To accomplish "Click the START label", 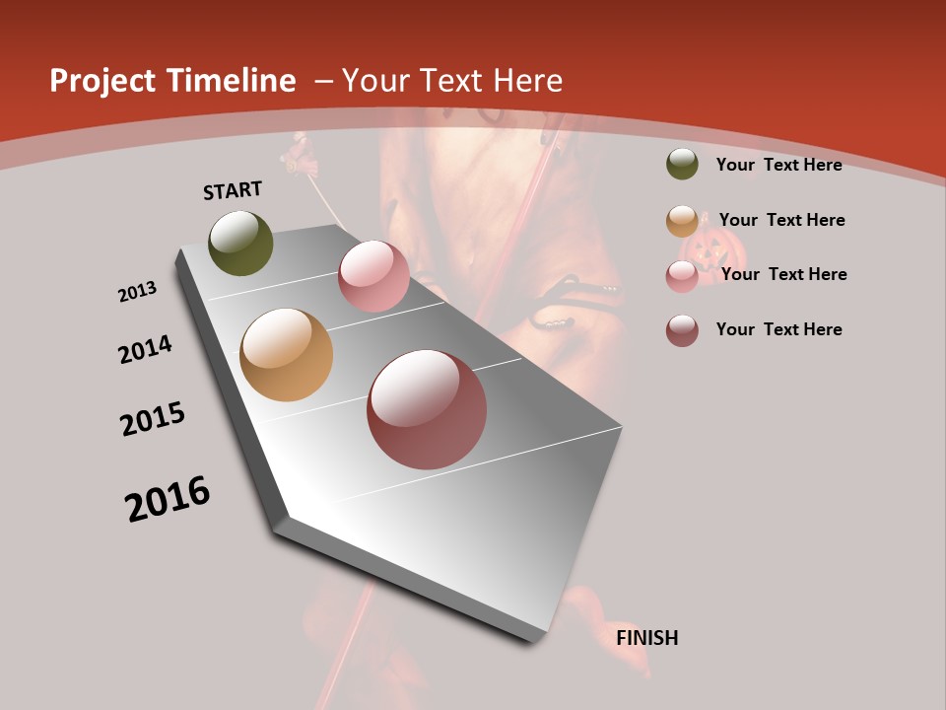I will coord(233,190).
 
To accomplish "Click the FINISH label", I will coord(646,638).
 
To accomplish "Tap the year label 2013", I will coord(137,292).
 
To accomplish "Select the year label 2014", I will coord(145,350).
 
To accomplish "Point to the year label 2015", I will coord(153,419).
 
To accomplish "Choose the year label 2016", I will coord(168,498).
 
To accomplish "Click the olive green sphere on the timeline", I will coord(240,243).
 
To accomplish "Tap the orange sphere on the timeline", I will coord(286,355).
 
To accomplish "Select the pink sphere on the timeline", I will coord(373,276).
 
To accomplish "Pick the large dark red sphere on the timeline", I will coord(427,409).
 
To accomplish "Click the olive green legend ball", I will coord(682,164).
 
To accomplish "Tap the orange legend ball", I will coord(682,221).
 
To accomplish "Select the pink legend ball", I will coord(682,276).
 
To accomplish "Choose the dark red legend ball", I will coord(682,330).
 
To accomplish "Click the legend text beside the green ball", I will coord(778,165).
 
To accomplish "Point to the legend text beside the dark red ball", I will coord(778,329).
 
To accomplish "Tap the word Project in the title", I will coord(101,81).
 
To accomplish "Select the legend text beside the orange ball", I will coord(781,220).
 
